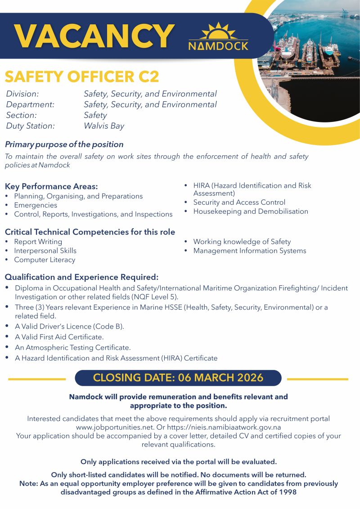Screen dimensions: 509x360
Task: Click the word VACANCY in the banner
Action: [x=94, y=36]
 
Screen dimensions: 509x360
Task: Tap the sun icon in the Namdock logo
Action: [x=218, y=32]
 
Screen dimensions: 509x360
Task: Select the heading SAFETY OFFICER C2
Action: [x=82, y=77]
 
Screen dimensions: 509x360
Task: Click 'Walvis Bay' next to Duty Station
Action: [x=104, y=126]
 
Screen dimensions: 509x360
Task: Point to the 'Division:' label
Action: [x=22, y=94]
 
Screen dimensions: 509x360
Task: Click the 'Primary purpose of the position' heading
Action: [x=64, y=144]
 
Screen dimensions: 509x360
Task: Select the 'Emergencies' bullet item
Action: [x=36, y=205]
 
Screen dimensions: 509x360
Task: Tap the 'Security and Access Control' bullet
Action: [x=239, y=203]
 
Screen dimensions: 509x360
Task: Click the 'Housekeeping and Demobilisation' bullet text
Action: [x=251, y=212]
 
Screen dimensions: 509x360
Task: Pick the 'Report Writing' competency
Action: [x=38, y=242]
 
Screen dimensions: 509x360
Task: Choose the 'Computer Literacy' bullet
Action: [x=45, y=260]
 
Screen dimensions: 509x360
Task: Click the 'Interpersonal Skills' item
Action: [x=45, y=251]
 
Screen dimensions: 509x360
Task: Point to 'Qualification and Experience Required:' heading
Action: [x=81, y=277]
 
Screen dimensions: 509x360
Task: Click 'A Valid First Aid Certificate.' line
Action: [x=59, y=337]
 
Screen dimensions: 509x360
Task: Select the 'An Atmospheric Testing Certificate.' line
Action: [x=72, y=347]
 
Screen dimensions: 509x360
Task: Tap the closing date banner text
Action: [x=178, y=378]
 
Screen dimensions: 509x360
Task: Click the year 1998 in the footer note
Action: [x=287, y=492]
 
